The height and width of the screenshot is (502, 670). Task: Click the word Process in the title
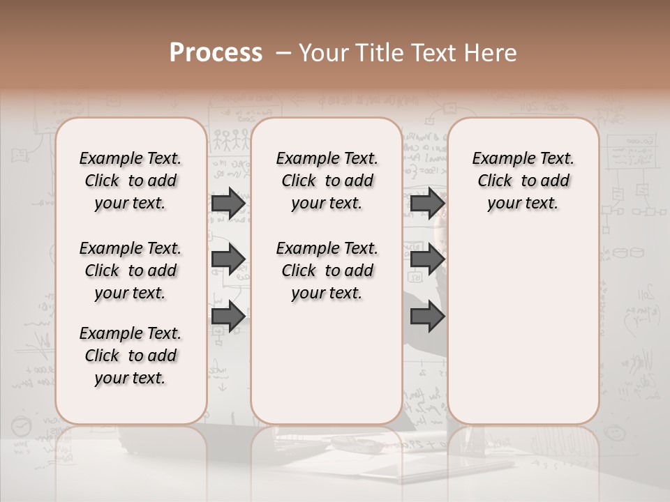(215, 53)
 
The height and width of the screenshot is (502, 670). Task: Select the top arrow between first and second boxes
(228, 204)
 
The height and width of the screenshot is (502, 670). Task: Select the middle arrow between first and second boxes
(228, 259)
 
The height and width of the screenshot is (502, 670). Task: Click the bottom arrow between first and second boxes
(228, 317)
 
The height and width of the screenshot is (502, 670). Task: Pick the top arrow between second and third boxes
(427, 204)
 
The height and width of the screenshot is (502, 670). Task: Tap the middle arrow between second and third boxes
(427, 259)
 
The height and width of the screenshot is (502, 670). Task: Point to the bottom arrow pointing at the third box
(427, 317)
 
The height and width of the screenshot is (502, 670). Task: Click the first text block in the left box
(131, 181)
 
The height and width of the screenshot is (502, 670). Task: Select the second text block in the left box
(131, 271)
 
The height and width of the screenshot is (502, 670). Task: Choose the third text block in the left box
(131, 356)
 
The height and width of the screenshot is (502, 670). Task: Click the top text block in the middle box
(327, 181)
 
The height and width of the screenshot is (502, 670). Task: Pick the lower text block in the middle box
(327, 271)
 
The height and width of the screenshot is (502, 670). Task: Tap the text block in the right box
(523, 181)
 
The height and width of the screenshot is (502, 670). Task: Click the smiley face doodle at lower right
(615, 433)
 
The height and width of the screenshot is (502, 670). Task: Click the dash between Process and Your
(283, 53)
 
